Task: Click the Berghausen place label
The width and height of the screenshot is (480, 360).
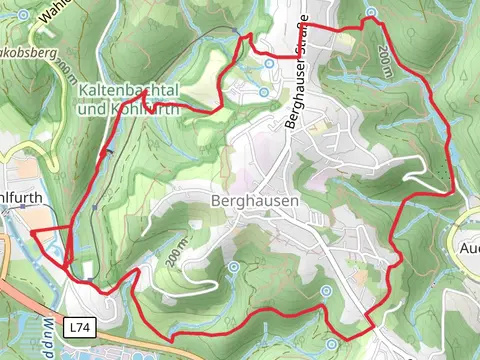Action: pos(255,200)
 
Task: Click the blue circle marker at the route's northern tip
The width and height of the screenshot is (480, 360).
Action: pos(371,13)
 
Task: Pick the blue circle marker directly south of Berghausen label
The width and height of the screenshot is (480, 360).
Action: pos(232,267)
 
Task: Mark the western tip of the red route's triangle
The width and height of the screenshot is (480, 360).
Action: pos(33,232)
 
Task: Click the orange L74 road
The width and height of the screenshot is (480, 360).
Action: pos(30,299)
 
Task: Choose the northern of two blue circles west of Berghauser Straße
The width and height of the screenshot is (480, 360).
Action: pos(269,63)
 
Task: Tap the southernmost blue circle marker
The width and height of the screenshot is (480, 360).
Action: pos(327,290)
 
